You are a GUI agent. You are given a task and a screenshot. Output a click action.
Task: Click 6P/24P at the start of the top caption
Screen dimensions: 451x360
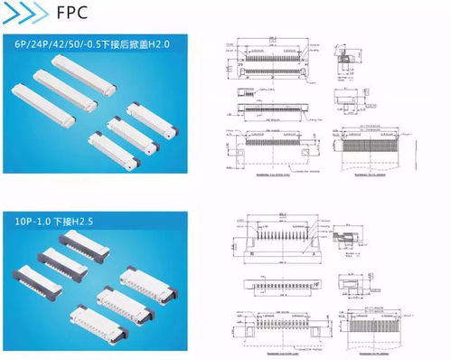pos(30,44)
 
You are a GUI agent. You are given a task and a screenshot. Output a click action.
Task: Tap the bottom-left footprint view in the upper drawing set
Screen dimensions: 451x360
pos(271,145)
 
